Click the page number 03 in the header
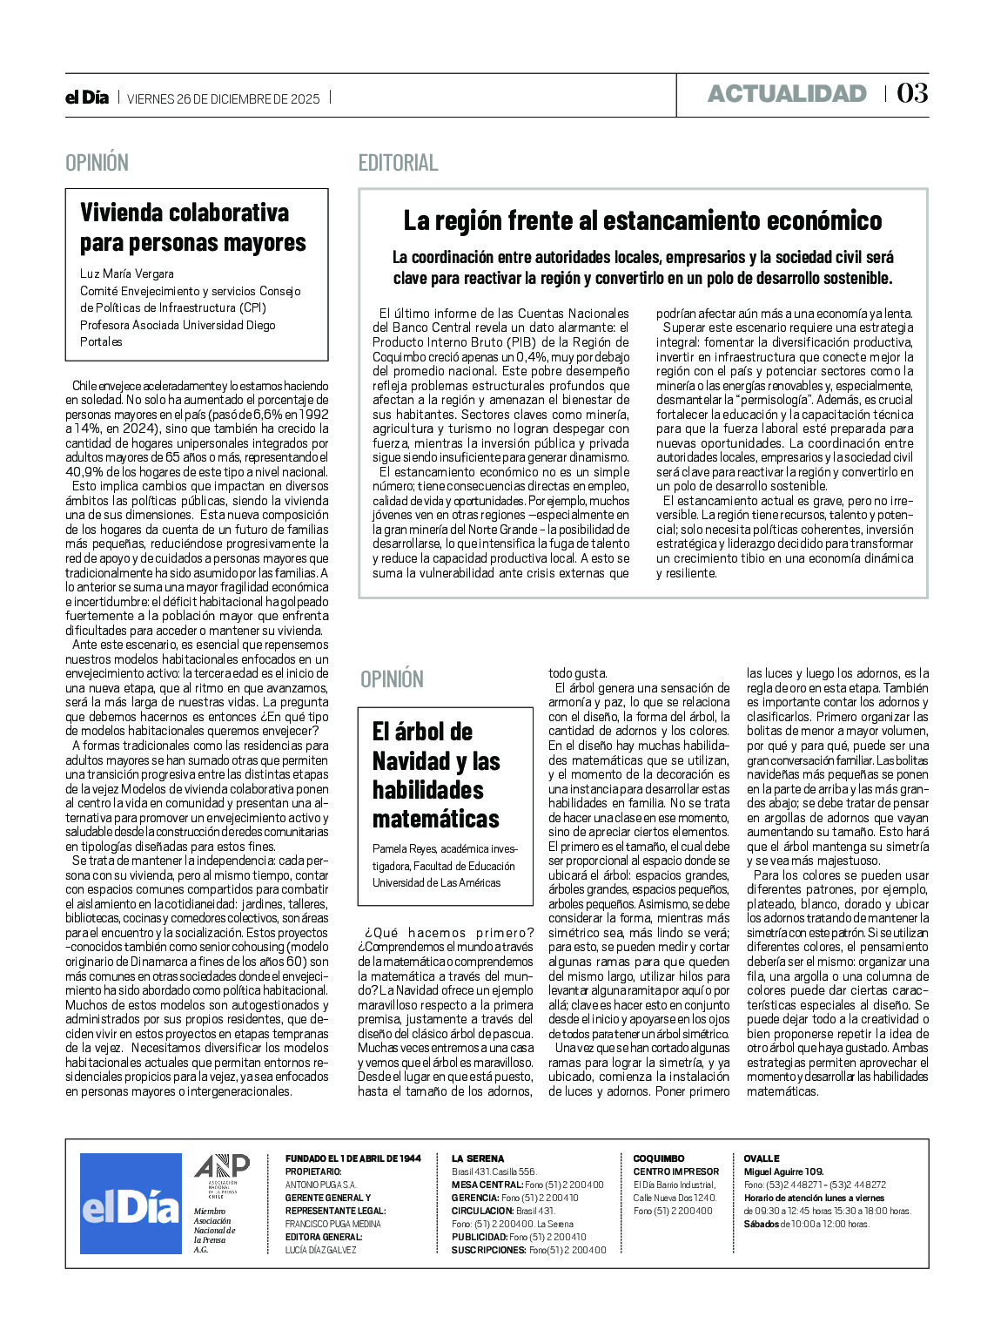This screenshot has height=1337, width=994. click(x=912, y=93)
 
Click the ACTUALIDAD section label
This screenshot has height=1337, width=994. click(x=787, y=93)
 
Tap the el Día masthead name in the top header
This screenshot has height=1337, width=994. click(x=87, y=98)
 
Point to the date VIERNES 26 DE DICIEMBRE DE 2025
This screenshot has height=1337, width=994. click(x=224, y=98)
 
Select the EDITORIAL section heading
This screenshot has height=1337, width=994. click(x=398, y=163)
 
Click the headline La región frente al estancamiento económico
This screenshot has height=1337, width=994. click(x=642, y=220)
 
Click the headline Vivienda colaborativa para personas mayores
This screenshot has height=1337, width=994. click(x=193, y=227)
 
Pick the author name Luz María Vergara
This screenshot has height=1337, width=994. click(x=127, y=273)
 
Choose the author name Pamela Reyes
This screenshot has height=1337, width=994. click(x=404, y=848)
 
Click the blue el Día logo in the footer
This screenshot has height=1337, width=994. click(x=131, y=1203)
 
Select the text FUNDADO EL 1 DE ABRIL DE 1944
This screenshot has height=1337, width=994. click(x=353, y=1158)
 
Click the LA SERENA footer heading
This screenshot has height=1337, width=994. click(x=478, y=1158)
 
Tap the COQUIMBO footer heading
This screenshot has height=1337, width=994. click(x=659, y=1158)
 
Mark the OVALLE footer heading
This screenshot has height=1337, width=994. click(x=762, y=1158)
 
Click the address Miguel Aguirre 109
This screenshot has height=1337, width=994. click(x=783, y=1172)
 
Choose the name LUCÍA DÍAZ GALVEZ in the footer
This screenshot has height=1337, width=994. click(x=321, y=1250)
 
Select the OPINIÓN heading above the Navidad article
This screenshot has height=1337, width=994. click(x=392, y=679)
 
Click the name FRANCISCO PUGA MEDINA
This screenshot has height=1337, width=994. click(x=332, y=1224)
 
